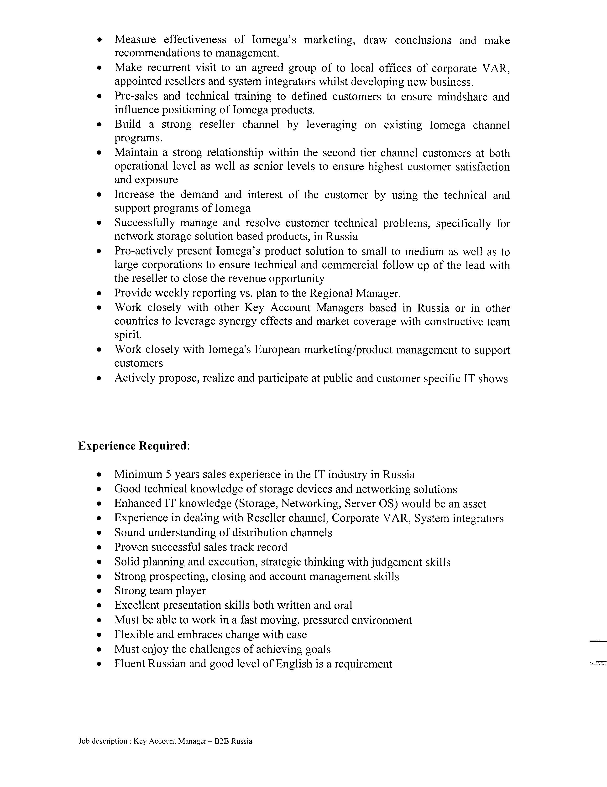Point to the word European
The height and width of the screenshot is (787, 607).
277,350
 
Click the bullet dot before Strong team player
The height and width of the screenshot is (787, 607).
99,591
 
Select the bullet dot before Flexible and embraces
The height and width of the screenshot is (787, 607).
99,635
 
